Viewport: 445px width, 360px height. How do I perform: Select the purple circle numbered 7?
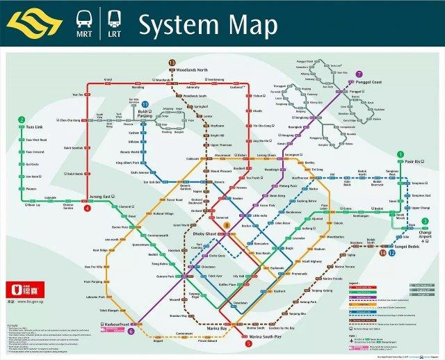pyautogui.click(x=359, y=74)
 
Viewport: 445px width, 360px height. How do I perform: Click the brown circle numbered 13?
pyautogui.click(x=172, y=63)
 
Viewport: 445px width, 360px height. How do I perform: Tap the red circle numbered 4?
pyautogui.click(x=87, y=207)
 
